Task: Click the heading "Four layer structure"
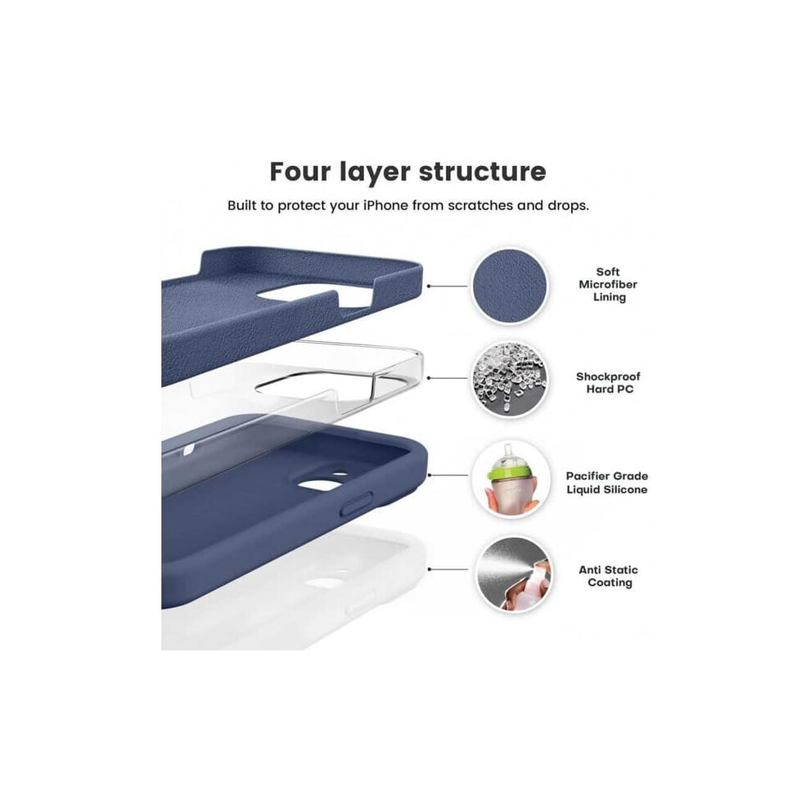point(407,172)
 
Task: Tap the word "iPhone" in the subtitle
point(385,205)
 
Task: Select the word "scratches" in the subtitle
point(480,205)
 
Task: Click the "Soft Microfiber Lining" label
point(608,284)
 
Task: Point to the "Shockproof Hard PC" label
point(609,383)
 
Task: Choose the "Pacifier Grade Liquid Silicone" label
point(607,483)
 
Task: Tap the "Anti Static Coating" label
point(609,576)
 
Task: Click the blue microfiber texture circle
point(510,286)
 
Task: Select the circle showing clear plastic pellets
point(510,379)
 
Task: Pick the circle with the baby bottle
point(511,479)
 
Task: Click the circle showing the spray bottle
point(514,574)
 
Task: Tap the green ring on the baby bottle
point(510,470)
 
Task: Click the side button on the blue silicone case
point(357,503)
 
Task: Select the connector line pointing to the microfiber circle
point(448,286)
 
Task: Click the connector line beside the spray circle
point(448,569)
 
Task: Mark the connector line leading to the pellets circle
point(448,378)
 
